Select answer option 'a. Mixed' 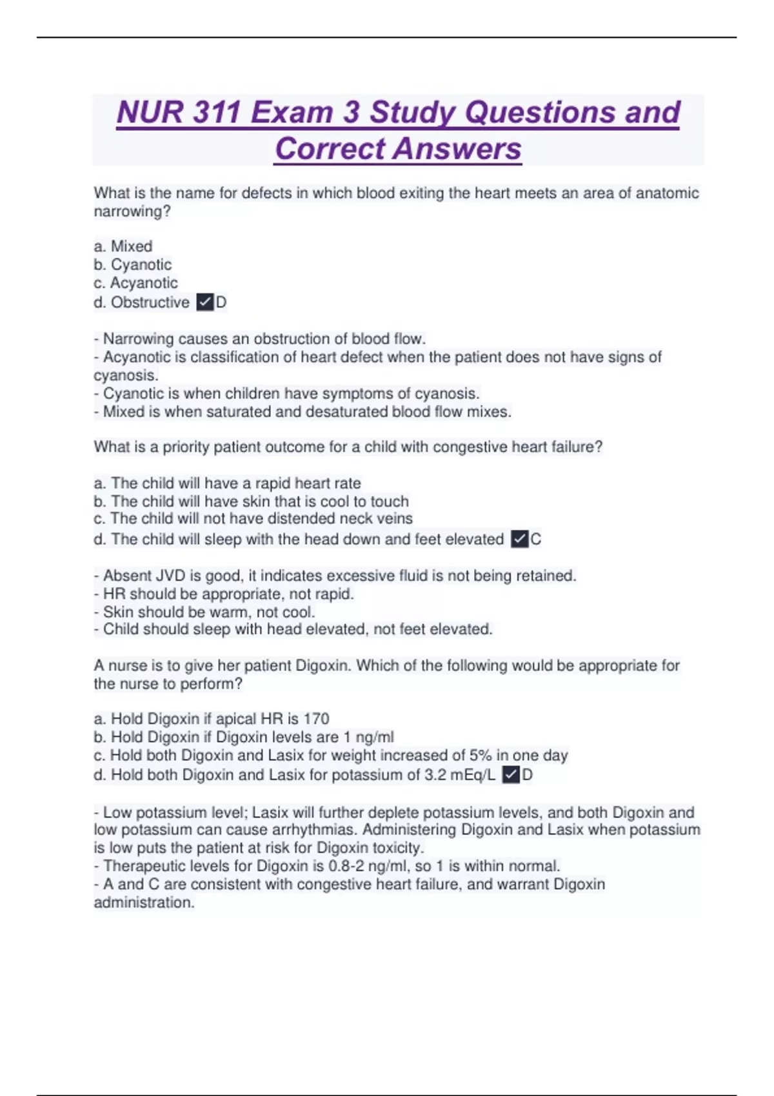point(123,246)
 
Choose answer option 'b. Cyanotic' point(133,264)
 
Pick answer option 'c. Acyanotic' point(135,282)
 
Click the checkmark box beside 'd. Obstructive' point(204,302)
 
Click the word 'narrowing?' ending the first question point(132,211)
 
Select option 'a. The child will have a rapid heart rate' point(227,483)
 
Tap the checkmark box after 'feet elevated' point(519,539)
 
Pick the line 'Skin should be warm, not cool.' point(208,612)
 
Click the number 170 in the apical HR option point(316,719)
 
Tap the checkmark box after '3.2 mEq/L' point(511,774)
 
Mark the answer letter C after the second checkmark point(536,539)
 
